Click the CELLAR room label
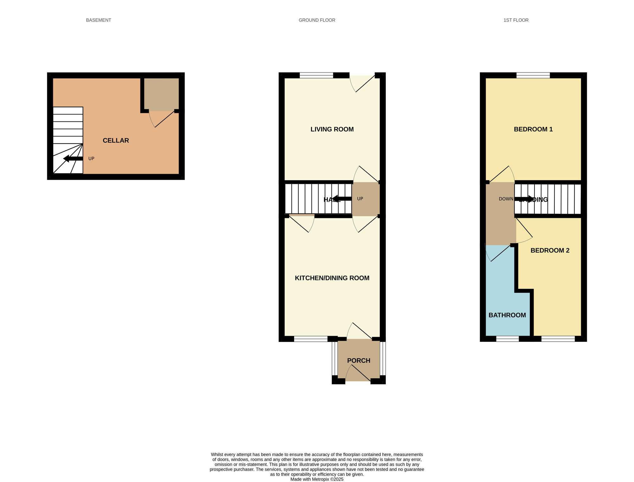pos(116,140)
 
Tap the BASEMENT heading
pos(99,20)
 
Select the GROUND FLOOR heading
pos(317,20)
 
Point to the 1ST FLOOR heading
pos(516,20)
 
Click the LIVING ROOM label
pos(332,129)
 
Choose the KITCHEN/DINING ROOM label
pos(332,278)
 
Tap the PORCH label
pos(359,361)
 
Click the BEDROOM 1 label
pos(533,129)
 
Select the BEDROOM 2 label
pos(550,251)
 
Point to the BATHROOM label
pos(507,315)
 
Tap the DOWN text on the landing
pos(506,199)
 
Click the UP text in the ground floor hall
pos(360,199)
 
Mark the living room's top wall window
pos(316,75)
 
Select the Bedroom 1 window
pos(533,75)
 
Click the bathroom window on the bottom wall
pos(507,339)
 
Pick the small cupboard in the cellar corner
pos(161,94)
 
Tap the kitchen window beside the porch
pos(311,339)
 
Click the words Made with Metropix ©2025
pos(317,479)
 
